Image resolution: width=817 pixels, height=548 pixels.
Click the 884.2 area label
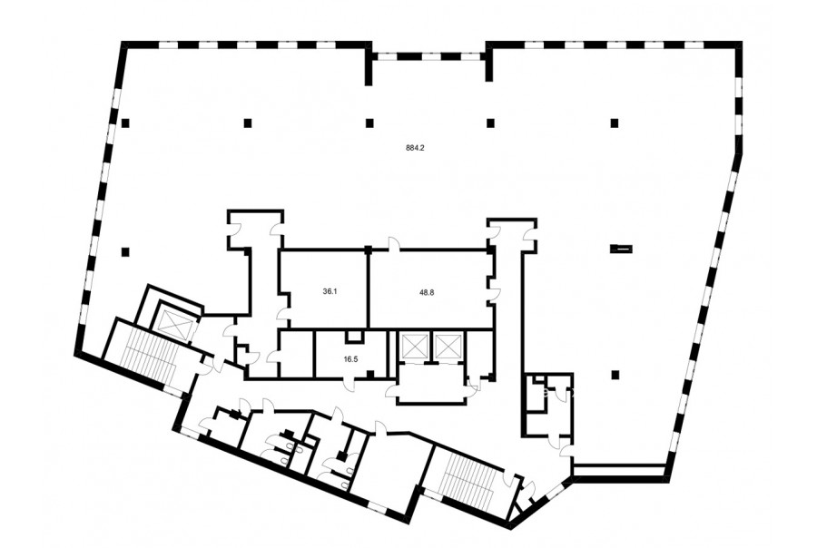click(x=416, y=147)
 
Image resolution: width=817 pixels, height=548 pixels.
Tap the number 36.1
click(x=330, y=292)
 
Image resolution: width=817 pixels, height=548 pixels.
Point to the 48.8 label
click(x=427, y=293)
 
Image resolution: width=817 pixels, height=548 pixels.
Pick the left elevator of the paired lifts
click(x=413, y=346)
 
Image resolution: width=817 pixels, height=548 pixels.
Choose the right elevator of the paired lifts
click(x=448, y=346)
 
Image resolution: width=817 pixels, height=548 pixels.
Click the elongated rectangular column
click(x=622, y=249)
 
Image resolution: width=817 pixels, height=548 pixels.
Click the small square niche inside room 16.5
click(x=354, y=337)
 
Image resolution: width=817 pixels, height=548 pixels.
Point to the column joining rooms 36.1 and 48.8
click(x=369, y=250)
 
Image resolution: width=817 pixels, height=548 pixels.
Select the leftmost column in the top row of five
click(x=125, y=122)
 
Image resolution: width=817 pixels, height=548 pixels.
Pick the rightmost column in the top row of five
click(x=615, y=122)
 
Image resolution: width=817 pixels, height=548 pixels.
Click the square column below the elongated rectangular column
click(x=615, y=374)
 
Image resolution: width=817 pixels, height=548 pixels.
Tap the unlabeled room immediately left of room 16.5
click(x=297, y=353)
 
